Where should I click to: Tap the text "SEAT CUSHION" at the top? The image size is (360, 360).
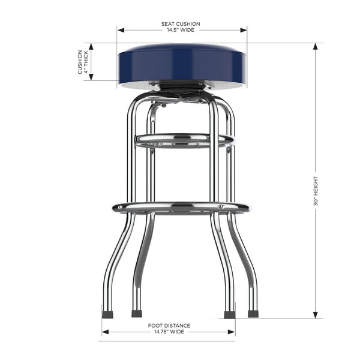[181, 24]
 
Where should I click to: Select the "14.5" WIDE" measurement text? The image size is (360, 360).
[181, 31]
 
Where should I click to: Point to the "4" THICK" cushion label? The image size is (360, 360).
[86, 62]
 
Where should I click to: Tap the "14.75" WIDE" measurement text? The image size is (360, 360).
[169, 331]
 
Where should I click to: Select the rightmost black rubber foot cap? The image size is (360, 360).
[253, 313]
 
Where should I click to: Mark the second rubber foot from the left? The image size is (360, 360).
[137, 313]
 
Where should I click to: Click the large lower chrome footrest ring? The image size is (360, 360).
[181, 208]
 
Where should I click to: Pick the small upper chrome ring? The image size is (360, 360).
[183, 140]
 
